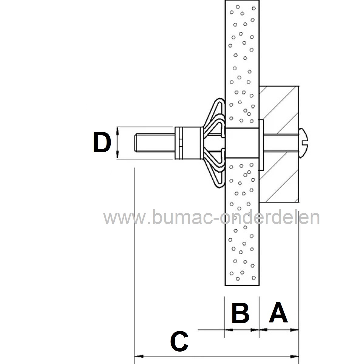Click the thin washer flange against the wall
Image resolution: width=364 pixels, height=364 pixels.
261,144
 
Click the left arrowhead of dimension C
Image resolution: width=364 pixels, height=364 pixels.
138,356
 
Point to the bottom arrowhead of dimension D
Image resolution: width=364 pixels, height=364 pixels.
117,155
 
